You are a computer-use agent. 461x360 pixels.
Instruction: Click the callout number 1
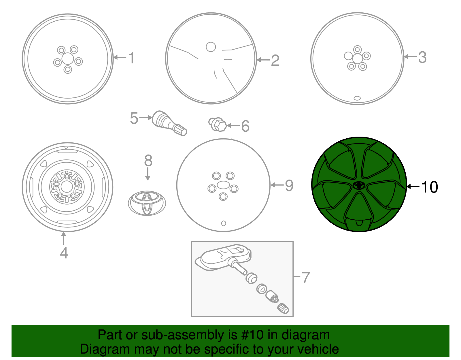point(131,58)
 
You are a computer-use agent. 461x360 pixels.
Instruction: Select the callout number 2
point(275,61)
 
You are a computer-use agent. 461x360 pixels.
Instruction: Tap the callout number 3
point(422,57)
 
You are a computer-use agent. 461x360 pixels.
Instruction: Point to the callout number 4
point(64,253)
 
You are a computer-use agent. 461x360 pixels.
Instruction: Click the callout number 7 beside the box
point(305,278)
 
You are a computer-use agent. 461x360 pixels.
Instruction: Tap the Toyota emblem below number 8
point(147,203)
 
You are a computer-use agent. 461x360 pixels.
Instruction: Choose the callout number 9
point(289,185)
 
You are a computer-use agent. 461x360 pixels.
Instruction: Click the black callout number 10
point(429,187)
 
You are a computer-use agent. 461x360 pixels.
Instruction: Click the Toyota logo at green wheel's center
point(359,185)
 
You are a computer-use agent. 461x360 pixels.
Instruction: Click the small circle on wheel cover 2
point(211,47)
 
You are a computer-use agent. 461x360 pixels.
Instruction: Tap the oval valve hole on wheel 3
point(357,98)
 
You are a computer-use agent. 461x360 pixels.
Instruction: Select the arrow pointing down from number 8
point(148,174)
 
